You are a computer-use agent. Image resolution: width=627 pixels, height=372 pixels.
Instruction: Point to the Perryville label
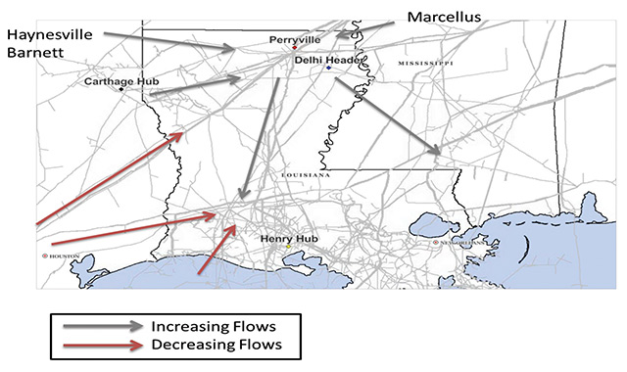[296, 40]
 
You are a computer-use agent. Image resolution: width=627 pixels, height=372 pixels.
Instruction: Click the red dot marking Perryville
[294, 48]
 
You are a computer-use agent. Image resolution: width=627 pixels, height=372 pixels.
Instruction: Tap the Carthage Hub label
[116, 81]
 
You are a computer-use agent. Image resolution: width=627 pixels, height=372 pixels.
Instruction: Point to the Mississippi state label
[425, 63]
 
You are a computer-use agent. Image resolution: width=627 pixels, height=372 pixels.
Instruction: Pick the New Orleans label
[458, 242]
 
